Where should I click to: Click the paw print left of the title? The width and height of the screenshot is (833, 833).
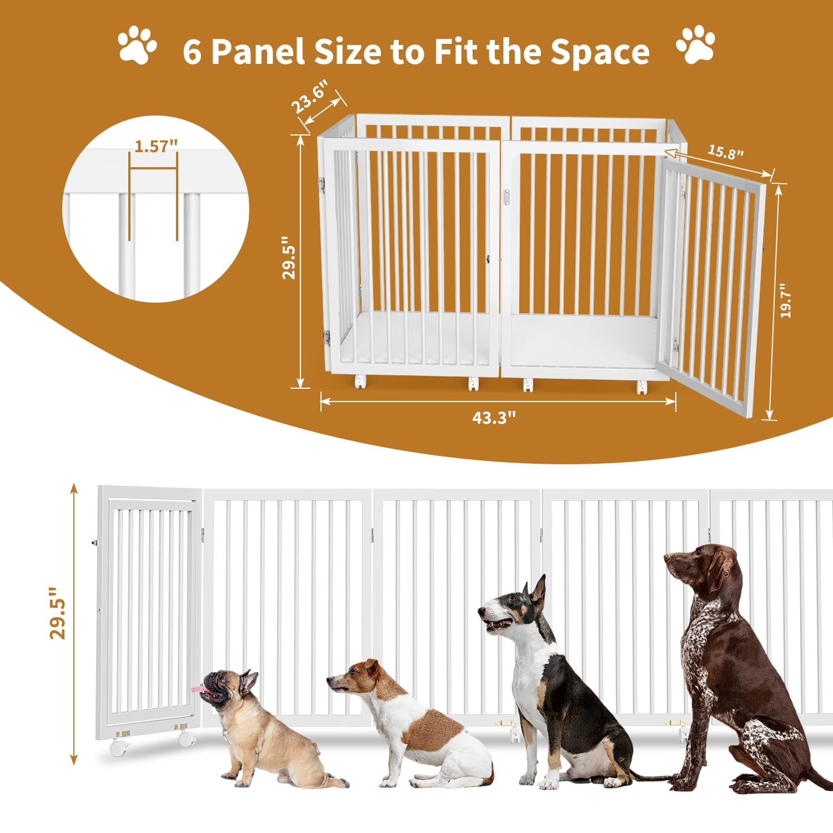coord(137,44)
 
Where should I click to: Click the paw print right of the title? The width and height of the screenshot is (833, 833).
coord(695,44)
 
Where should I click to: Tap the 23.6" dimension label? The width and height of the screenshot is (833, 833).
coord(309,96)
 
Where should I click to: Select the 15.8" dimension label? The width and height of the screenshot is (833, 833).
coord(725,151)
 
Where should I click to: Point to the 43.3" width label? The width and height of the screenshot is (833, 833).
coord(494,418)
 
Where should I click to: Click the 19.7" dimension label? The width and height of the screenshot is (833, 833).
coord(785,301)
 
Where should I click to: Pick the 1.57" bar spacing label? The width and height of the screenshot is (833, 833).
coord(156,146)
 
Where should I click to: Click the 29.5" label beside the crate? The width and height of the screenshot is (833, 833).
coord(289,258)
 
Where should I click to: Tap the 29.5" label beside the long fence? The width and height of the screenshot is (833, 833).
coord(57,613)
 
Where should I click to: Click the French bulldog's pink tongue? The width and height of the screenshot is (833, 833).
coord(199,690)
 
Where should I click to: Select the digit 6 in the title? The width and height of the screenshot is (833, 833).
coord(192,52)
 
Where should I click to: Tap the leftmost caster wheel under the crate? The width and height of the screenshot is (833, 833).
coord(360,382)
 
